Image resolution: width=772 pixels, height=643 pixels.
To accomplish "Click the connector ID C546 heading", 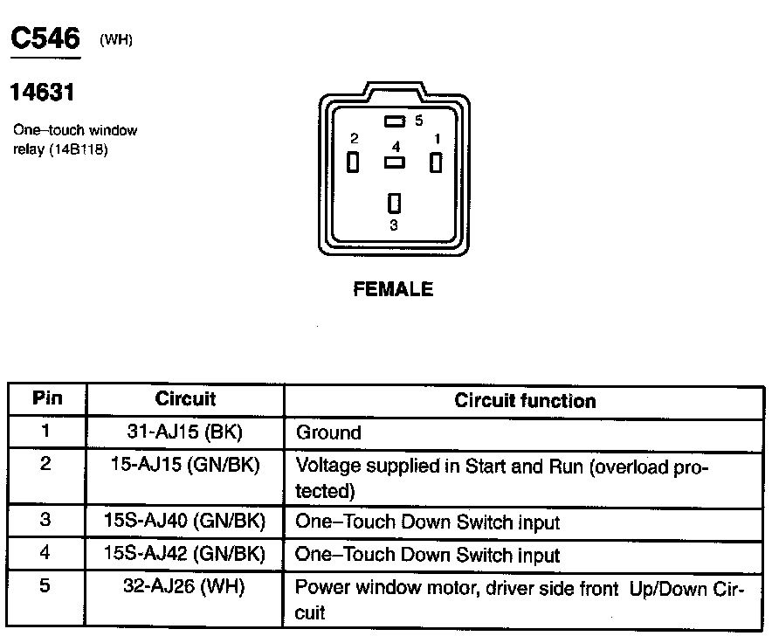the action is click(45, 38).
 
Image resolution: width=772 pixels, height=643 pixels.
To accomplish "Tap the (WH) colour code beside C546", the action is click(116, 40).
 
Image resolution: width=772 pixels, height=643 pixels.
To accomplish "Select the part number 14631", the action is click(42, 92).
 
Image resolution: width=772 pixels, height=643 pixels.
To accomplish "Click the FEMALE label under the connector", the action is click(393, 289).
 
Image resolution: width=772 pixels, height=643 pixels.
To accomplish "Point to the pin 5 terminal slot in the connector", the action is click(394, 121).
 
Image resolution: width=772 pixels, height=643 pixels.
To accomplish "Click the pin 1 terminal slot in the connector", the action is click(435, 162).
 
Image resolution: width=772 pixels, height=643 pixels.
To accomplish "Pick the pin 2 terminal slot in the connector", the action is click(353, 162).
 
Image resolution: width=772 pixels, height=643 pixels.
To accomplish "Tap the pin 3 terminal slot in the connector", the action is click(394, 203).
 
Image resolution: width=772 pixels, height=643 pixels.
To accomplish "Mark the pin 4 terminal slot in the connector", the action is click(394, 162).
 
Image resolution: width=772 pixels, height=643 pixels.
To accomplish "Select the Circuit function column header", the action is click(525, 401).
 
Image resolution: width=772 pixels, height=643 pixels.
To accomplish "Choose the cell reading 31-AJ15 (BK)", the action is click(185, 432).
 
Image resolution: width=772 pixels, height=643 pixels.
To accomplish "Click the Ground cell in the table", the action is click(328, 432).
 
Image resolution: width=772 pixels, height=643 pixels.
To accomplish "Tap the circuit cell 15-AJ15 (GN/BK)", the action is click(185, 466).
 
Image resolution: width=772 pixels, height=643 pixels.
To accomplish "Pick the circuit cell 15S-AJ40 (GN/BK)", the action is click(185, 522).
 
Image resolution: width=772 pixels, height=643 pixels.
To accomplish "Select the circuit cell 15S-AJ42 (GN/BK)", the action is click(185, 554).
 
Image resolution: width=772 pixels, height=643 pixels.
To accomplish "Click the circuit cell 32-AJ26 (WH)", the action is click(185, 588).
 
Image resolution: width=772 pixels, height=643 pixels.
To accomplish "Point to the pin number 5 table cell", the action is click(46, 586).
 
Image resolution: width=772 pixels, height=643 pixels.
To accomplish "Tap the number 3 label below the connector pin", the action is click(394, 225).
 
